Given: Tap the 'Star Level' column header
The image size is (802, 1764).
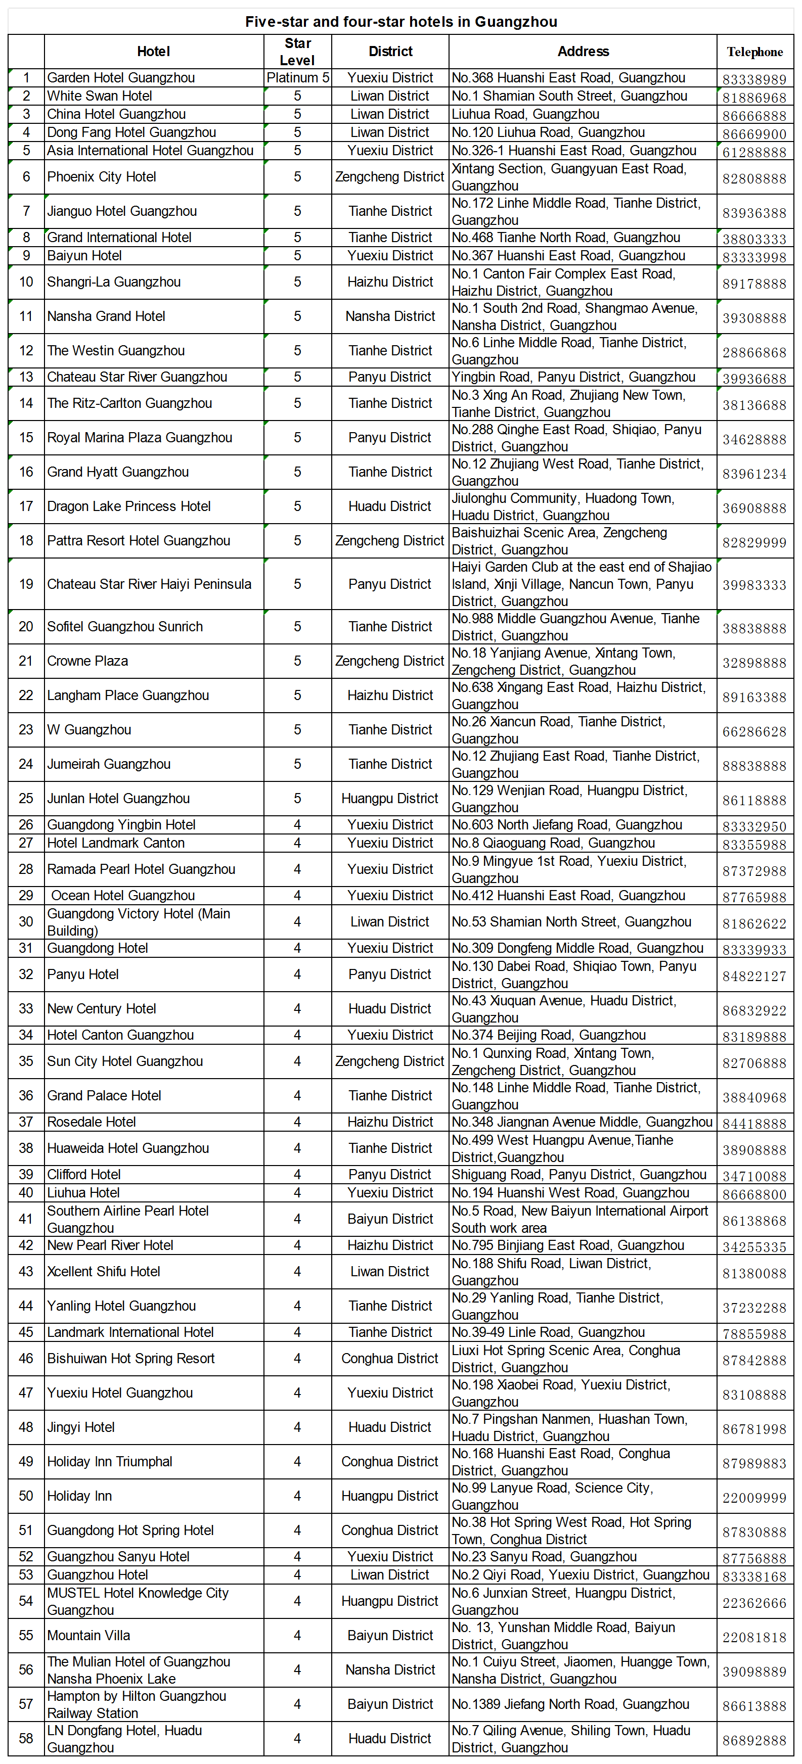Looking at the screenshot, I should [297, 52].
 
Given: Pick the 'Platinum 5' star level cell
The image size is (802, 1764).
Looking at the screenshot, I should [297, 78].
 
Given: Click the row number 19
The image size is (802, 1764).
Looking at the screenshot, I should [26, 584].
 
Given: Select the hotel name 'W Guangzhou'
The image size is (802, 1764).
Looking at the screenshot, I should [89, 730].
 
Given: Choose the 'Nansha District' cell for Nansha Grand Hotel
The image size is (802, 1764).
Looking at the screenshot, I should [390, 316].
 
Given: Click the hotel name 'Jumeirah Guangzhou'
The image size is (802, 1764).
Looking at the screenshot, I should [109, 764].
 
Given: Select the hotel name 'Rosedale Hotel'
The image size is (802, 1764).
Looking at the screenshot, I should [92, 1122].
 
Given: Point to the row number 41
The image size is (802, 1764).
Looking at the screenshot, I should [26, 1219].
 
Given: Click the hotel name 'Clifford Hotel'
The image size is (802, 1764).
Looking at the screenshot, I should [84, 1175].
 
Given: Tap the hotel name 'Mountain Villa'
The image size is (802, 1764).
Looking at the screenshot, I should [88, 1635].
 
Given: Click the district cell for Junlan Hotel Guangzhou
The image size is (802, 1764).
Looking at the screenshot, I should [390, 799].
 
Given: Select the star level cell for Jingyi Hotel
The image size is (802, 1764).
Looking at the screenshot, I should [297, 1427].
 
